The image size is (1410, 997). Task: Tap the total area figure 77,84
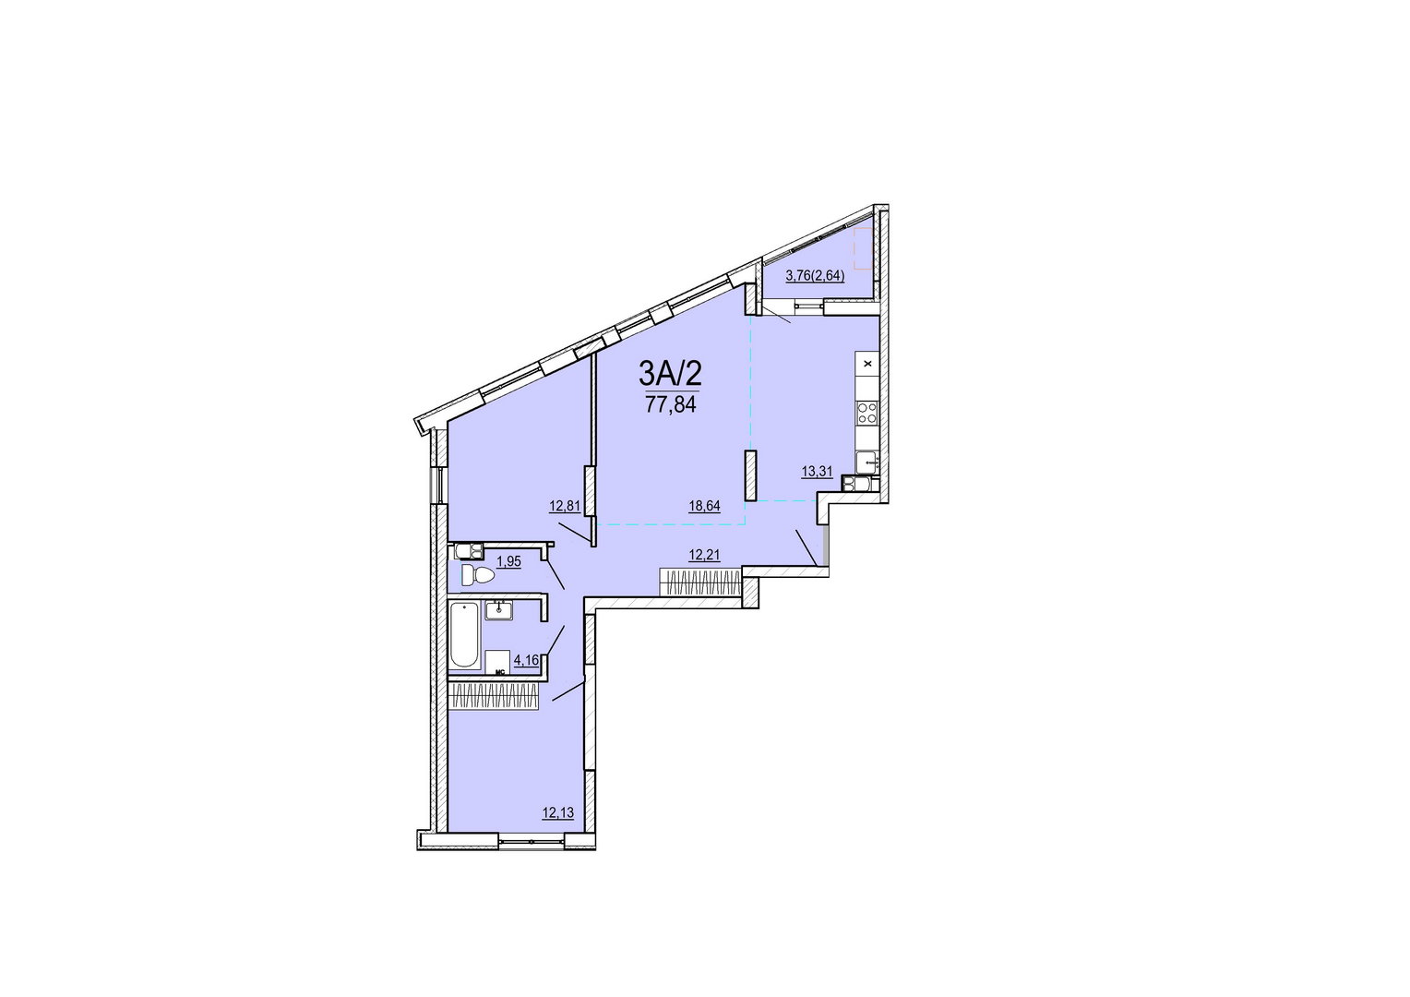pos(670,404)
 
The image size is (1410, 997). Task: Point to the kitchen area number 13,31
pos(817,471)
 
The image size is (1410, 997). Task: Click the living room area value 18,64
pos(704,506)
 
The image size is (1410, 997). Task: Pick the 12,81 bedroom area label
pos(565,506)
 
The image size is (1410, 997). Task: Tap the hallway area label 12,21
pos(704,555)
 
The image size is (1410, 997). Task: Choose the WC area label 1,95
pos(508,561)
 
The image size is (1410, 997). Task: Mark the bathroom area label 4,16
pos(526,660)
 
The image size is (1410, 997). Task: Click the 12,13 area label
pos(558,812)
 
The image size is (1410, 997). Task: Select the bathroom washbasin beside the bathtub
pos(499,610)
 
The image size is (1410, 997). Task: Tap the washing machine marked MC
pos(498,663)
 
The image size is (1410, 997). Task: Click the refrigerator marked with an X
pos(867,364)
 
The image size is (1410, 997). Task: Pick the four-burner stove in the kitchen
pos(867,414)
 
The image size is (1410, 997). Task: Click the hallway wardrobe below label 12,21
pos(700,582)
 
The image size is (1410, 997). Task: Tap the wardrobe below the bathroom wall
pos(494,698)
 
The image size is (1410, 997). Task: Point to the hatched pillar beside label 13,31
pos(750,475)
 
